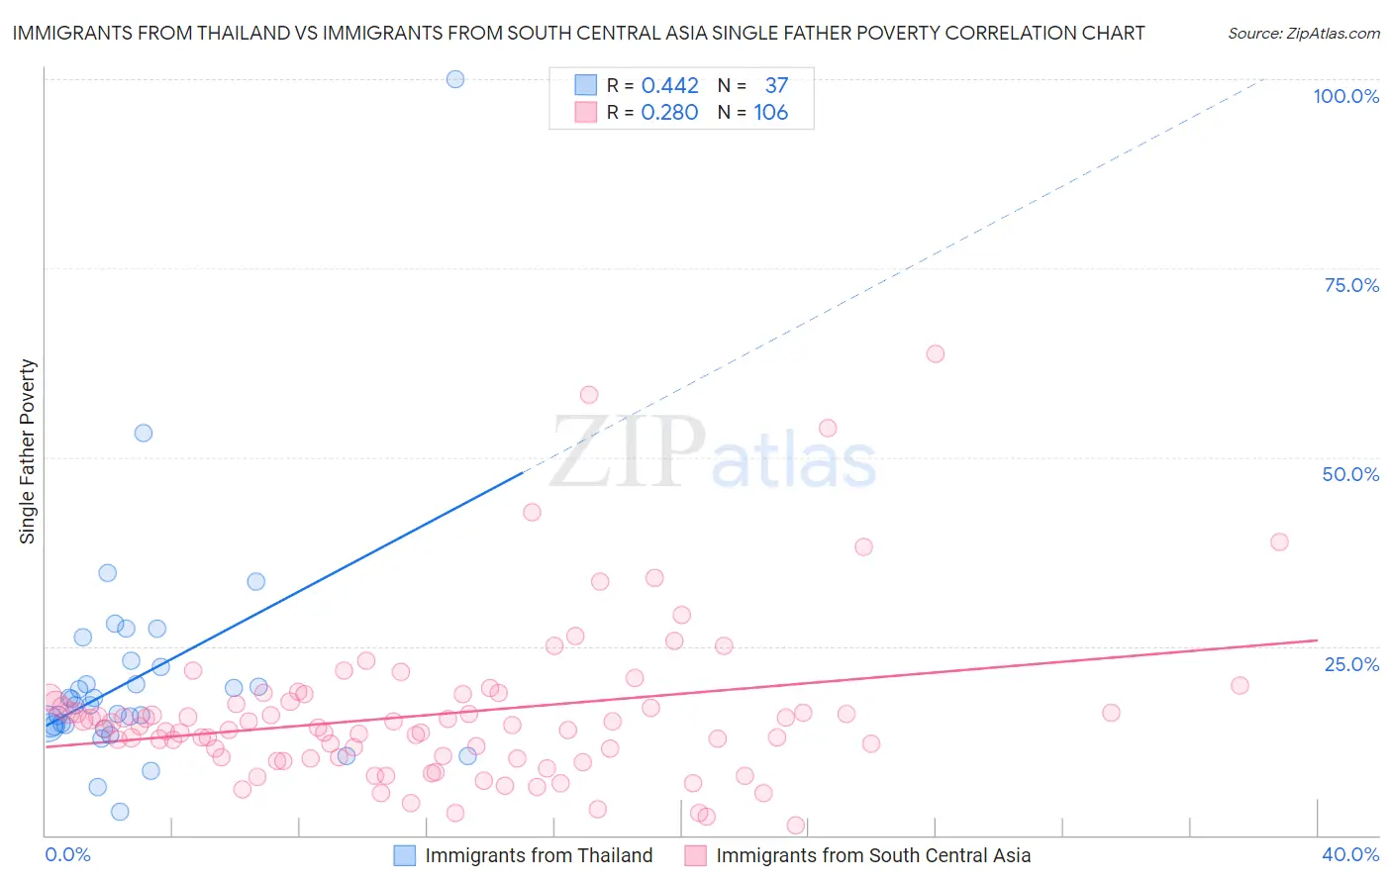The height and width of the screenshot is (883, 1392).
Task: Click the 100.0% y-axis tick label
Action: tap(1345, 96)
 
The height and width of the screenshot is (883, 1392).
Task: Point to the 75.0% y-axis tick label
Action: tap(1351, 285)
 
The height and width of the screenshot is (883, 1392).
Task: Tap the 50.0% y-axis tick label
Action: tap(1350, 474)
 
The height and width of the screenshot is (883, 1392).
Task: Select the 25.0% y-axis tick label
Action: tap(1351, 664)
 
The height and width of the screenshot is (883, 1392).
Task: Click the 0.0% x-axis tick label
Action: tap(67, 854)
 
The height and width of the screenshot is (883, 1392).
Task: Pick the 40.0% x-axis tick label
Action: tap(1350, 854)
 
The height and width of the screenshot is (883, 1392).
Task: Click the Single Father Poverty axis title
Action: tap(28, 451)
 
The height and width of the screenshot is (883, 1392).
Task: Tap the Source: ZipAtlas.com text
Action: tap(1303, 34)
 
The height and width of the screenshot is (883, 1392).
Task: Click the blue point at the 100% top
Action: tap(455, 79)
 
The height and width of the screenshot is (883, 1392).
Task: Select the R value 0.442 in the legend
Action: tap(669, 86)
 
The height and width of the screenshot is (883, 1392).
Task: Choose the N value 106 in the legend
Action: tap(771, 113)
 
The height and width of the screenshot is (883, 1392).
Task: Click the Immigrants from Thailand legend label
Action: tap(539, 855)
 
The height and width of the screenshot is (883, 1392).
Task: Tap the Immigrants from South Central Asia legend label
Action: tap(873, 855)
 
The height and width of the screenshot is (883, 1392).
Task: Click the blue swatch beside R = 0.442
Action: tap(586, 85)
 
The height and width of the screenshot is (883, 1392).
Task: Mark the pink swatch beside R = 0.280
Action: tap(586, 112)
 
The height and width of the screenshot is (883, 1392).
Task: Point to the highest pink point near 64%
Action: tap(936, 353)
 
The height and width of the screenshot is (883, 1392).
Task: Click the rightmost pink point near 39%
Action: tap(1279, 541)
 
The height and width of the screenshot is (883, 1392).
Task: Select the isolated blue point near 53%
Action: tap(144, 433)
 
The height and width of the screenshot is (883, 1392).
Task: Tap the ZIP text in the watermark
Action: tap(628, 452)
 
